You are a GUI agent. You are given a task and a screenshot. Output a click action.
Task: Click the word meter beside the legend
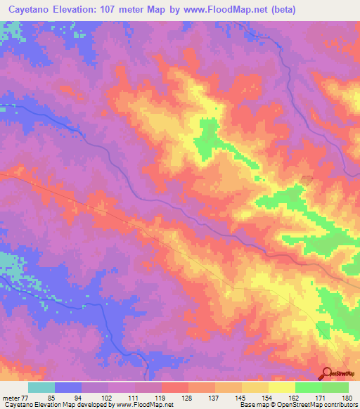(9, 396)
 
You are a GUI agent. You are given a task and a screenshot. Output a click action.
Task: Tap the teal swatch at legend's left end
(41, 387)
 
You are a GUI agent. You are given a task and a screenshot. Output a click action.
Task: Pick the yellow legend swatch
(282, 387)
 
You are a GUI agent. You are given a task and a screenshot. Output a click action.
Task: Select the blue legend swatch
(68, 387)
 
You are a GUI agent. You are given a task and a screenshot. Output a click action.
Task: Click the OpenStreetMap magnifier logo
(327, 375)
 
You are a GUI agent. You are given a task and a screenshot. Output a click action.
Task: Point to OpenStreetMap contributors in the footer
(320, 405)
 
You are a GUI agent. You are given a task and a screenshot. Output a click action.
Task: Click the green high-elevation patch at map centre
(208, 135)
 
